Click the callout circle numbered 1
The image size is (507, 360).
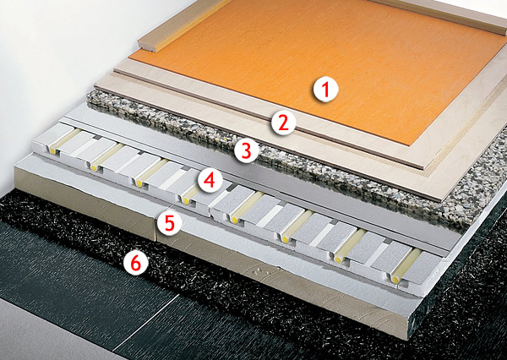(325, 90)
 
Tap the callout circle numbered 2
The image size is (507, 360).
(284, 123)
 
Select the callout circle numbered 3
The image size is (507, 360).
(247, 150)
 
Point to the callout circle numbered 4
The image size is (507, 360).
(210, 181)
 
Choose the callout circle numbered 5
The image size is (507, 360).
(169, 223)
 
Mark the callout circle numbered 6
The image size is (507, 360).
(136, 263)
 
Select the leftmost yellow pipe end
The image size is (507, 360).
(52, 150)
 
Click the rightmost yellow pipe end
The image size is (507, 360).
(395, 279)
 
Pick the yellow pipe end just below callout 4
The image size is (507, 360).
(186, 201)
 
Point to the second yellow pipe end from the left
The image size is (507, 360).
(94, 167)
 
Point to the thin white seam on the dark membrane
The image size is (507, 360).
(145, 324)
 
